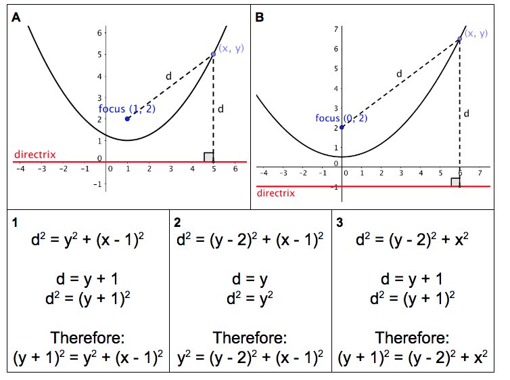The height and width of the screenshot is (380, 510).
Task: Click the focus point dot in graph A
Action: pos(127,119)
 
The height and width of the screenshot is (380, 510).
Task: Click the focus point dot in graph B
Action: pos(342,127)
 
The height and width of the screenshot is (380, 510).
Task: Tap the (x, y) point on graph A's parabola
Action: pos(213,54)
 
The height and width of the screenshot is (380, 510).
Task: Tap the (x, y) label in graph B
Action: pos(476,33)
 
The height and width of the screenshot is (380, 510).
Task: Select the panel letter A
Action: pos(16,18)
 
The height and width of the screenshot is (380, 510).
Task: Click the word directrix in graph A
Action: pos(34,154)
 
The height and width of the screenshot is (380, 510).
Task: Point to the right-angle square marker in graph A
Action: pos(208,157)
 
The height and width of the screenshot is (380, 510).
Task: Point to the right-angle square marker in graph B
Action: pos(455,182)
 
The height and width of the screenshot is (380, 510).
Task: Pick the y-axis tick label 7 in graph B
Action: pos(335,30)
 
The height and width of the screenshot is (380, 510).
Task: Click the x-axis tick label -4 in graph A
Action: pos(20,169)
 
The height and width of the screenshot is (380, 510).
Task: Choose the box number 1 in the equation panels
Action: pos(15,221)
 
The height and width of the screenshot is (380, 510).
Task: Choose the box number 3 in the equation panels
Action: pos(340,221)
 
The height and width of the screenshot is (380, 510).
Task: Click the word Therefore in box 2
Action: pos(250,337)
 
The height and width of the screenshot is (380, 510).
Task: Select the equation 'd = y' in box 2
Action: pos(250,279)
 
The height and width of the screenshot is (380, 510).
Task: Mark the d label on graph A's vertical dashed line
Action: pos(221,108)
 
